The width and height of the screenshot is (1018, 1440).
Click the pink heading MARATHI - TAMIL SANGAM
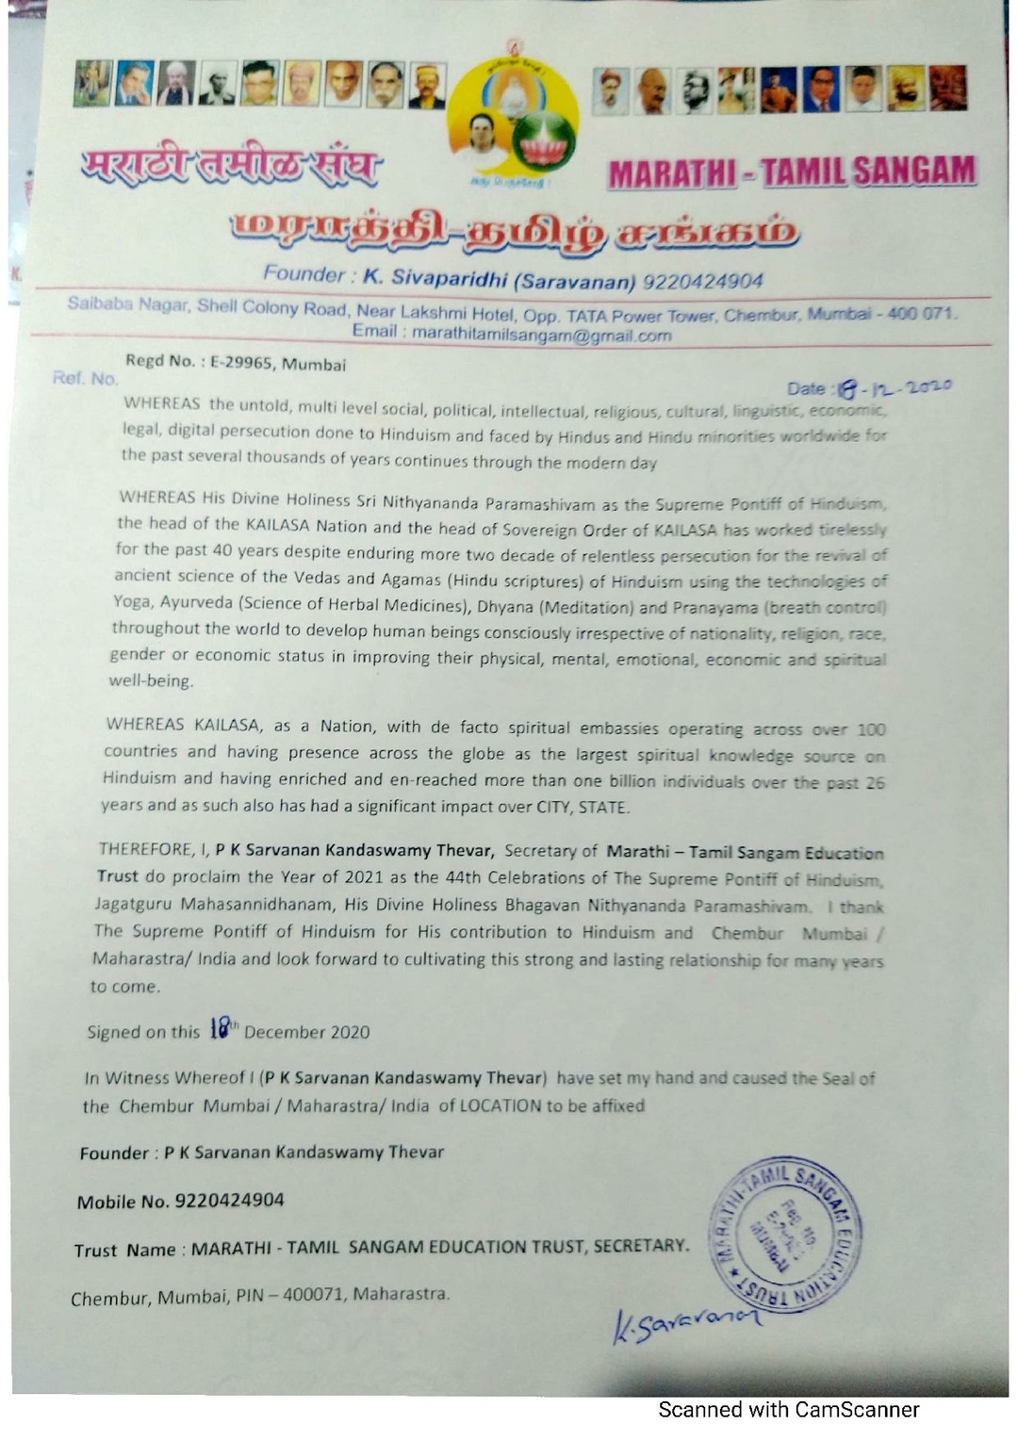click(792, 172)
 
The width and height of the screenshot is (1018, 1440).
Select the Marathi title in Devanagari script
click(231, 168)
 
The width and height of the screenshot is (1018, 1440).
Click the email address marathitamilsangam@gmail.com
click(541, 335)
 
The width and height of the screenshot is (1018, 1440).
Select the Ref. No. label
click(85, 378)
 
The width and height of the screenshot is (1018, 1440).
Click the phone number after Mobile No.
click(230, 1200)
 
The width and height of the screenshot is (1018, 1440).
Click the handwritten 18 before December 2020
click(220, 1028)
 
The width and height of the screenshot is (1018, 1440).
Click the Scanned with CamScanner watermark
click(788, 1410)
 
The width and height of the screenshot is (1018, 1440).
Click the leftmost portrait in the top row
click(92, 84)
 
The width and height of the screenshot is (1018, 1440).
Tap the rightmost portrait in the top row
click(948, 90)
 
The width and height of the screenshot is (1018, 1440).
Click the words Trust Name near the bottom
click(124, 1251)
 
